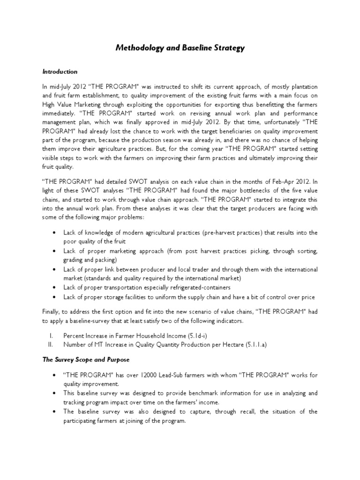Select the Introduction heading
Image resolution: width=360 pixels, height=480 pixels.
point(60,72)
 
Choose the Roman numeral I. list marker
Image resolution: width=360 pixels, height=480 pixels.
point(50,336)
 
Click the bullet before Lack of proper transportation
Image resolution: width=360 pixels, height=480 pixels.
point(56,288)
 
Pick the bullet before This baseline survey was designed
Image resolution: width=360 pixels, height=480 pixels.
point(56,394)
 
